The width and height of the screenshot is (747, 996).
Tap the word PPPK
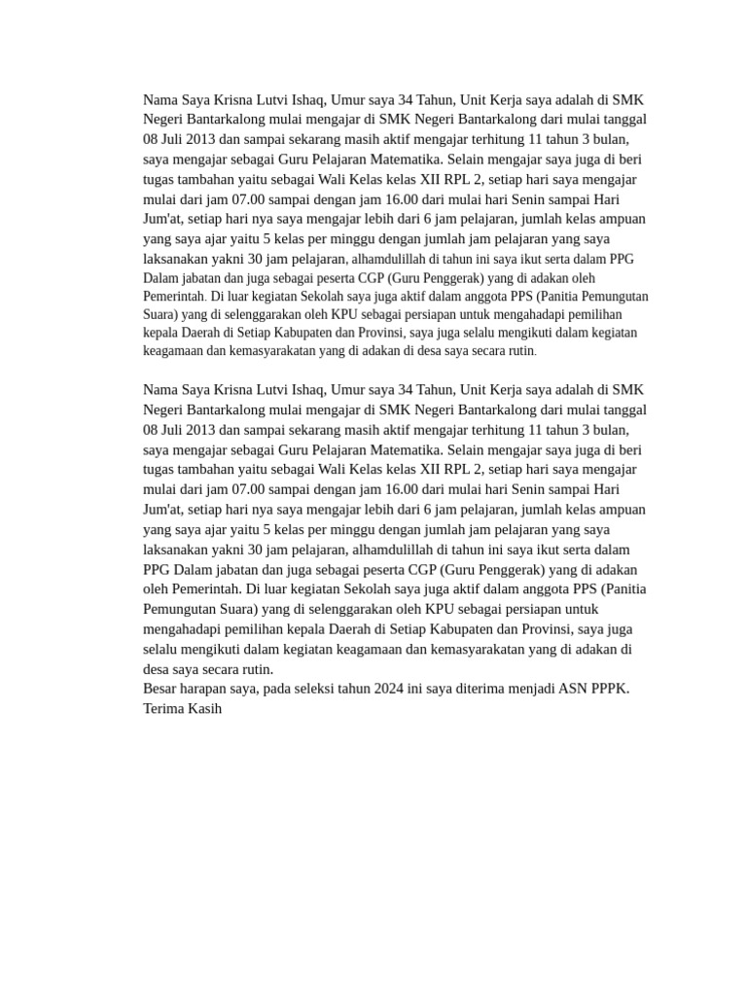608,689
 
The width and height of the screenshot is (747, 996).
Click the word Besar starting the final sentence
161,689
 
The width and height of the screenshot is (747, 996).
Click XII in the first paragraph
430,179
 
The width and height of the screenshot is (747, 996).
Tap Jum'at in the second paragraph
162,510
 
